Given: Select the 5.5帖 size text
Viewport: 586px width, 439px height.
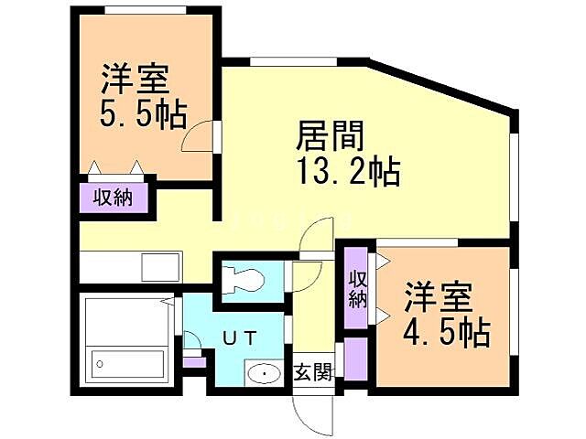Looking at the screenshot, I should point(143,114).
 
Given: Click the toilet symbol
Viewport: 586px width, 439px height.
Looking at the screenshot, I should point(244,279).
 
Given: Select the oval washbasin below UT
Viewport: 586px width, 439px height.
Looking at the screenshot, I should point(265,373).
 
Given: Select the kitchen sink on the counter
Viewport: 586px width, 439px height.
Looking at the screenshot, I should point(155,268).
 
